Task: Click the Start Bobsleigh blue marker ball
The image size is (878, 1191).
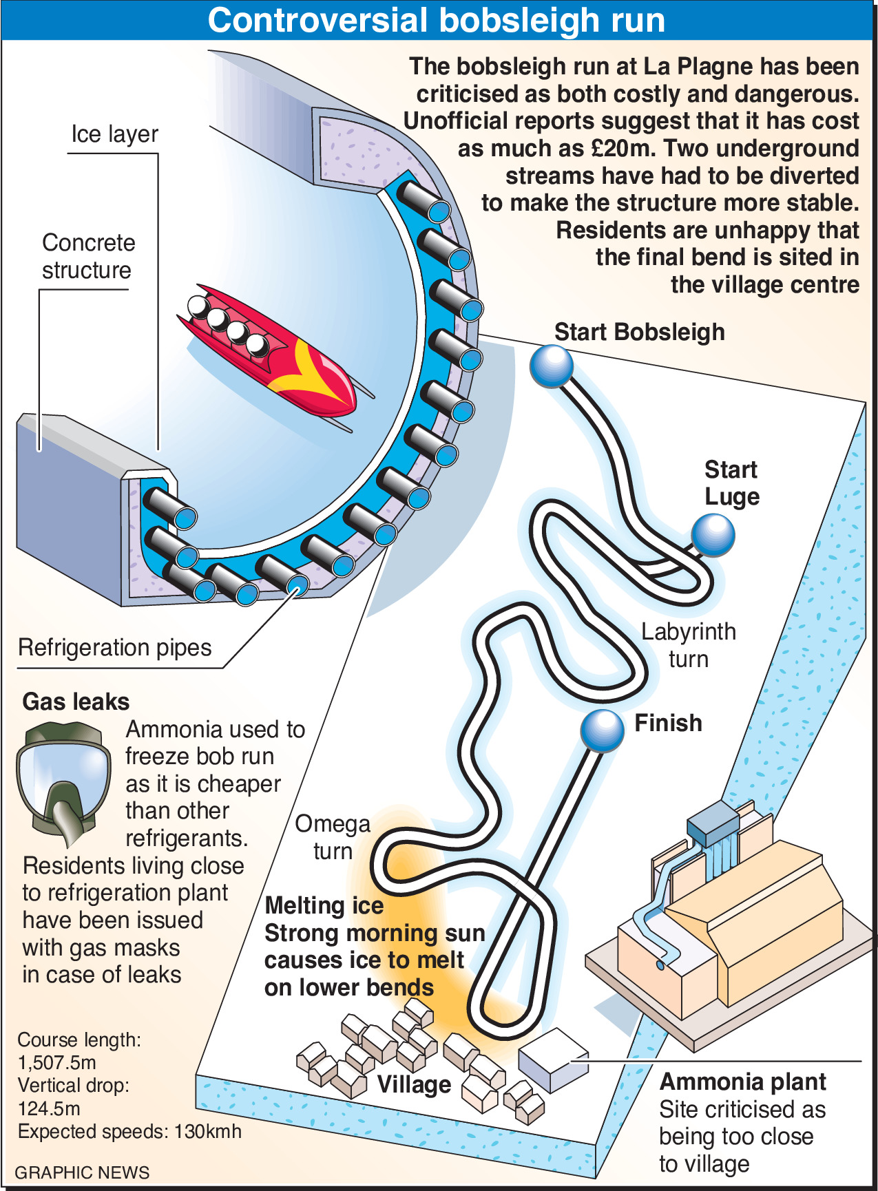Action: (552, 366)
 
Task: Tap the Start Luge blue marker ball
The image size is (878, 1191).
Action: (713, 535)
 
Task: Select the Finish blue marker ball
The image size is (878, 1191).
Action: (603, 730)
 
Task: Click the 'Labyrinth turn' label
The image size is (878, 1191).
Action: (689, 645)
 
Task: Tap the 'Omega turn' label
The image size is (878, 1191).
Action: (333, 837)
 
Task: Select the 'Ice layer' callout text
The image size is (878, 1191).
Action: (114, 134)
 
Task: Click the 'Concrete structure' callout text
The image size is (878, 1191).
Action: (88, 256)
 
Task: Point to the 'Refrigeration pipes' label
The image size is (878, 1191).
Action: (115, 648)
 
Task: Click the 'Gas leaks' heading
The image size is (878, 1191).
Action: (76, 702)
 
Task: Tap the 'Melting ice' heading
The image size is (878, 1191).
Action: (324, 906)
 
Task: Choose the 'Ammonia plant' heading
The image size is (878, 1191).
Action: (743, 1082)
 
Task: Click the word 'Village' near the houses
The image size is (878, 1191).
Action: (414, 1085)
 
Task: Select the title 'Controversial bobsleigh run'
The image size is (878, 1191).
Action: (437, 20)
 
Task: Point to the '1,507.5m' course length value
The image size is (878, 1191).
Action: (56, 1062)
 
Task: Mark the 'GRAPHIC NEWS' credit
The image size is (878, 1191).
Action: (82, 1172)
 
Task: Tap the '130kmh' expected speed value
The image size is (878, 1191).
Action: (208, 1131)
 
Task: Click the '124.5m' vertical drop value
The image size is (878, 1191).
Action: (49, 1108)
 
